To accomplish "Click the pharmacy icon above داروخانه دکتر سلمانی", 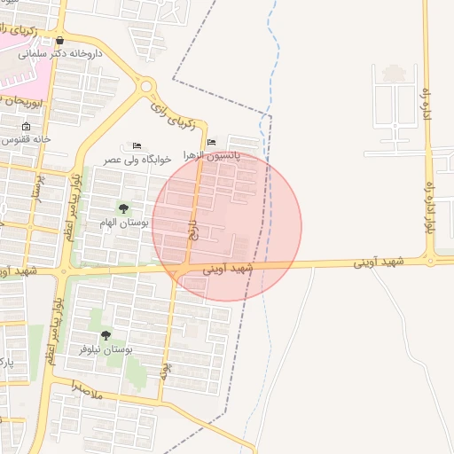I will click(x=59, y=40).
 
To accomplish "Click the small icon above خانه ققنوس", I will click(x=26, y=127).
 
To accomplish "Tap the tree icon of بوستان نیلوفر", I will click(x=106, y=335).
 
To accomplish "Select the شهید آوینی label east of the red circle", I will click(x=379, y=262).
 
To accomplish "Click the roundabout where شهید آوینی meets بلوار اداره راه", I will click(x=430, y=261).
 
